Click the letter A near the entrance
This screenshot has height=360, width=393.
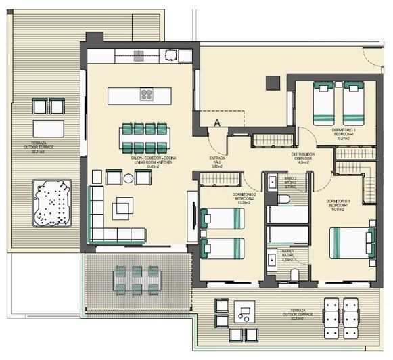pos(217,122)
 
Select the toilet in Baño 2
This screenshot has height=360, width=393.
pos(285,198)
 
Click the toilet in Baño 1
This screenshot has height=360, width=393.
pos(295,274)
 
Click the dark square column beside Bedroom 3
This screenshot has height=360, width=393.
pos(271,82)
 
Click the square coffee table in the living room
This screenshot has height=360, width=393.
pos(125,204)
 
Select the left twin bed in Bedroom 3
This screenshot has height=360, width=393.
pos(323,102)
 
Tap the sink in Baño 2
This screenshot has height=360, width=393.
pos(271,183)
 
